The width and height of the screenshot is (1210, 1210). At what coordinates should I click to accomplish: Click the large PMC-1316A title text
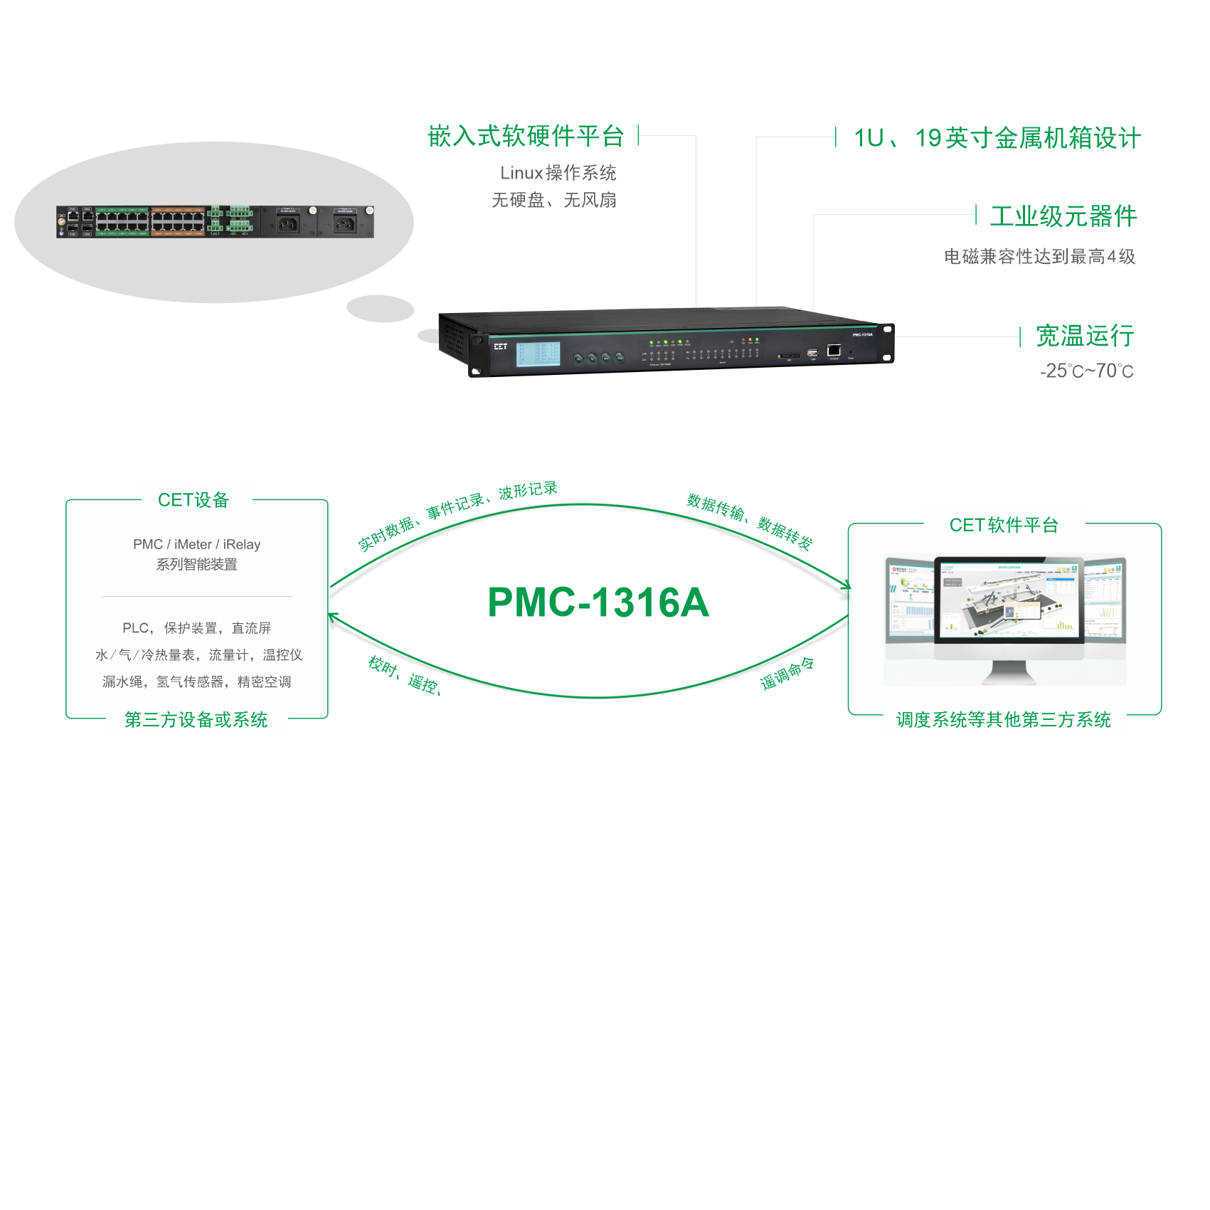pos(598,603)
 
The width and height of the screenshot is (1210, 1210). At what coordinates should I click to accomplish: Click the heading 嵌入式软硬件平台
pos(526,136)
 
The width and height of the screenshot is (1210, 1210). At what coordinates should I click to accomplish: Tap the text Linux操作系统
pos(558,173)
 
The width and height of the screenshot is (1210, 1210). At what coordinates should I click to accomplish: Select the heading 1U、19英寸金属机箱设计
pos(997,138)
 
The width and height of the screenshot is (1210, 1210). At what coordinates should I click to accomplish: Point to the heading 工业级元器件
pos(1063,216)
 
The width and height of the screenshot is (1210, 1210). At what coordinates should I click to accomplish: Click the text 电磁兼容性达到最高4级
pos(1039,257)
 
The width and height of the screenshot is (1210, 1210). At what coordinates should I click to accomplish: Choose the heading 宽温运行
pos(1084,336)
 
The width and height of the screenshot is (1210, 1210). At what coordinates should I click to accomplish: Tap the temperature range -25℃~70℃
pos(1086,371)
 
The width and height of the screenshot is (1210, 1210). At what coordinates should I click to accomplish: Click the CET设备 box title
pos(193,500)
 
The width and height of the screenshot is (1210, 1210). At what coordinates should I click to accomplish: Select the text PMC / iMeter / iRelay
pos(196,544)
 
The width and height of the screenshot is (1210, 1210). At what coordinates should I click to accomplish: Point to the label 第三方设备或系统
pos(196,720)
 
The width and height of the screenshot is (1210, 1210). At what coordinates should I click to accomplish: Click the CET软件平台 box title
pos(1004,525)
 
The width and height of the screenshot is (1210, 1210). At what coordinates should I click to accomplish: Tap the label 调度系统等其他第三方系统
pos(1003,720)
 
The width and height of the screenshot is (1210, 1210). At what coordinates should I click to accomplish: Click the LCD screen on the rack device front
pos(538,354)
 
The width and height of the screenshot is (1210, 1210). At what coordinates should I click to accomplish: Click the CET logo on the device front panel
pos(501,346)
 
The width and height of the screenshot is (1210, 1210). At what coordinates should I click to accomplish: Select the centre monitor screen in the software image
pos(1009,599)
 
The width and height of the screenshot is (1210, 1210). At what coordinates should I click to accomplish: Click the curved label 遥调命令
pos(787,673)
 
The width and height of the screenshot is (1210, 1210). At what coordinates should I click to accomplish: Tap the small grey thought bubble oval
pos(380,309)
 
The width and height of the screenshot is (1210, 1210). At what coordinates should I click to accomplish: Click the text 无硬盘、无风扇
pos(553,201)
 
